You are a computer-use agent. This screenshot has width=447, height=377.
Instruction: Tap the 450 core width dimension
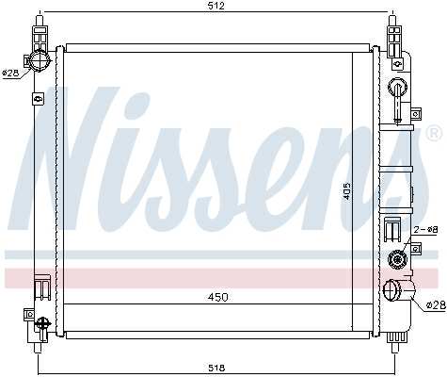click(217, 297)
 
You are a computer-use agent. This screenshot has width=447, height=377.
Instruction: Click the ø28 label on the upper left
click(10, 72)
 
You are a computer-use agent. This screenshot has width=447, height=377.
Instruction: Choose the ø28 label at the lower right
click(435, 304)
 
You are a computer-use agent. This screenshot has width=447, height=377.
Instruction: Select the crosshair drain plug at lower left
click(41, 325)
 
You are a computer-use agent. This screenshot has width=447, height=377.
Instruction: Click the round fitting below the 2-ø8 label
click(395, 260)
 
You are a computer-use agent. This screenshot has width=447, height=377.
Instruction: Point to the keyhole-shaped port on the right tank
click(397, 93)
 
